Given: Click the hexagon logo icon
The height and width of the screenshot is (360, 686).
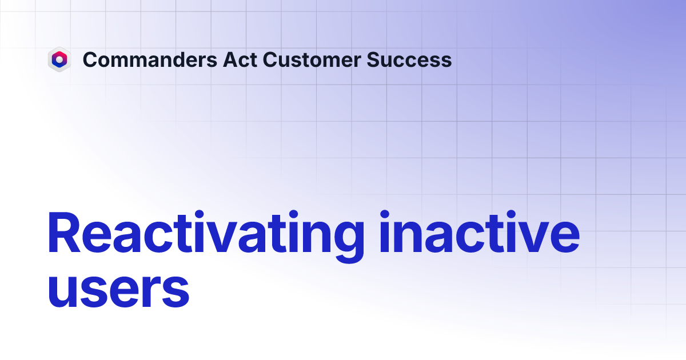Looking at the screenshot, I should tap(59, 59).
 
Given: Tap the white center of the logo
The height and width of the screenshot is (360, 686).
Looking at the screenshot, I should tap(59, 59).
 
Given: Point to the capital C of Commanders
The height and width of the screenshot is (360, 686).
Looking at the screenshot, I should tap(90, 59).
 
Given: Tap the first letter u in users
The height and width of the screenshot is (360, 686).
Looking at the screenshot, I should tap(64, 292).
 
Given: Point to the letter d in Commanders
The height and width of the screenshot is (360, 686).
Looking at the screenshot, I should tap(169, 59).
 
